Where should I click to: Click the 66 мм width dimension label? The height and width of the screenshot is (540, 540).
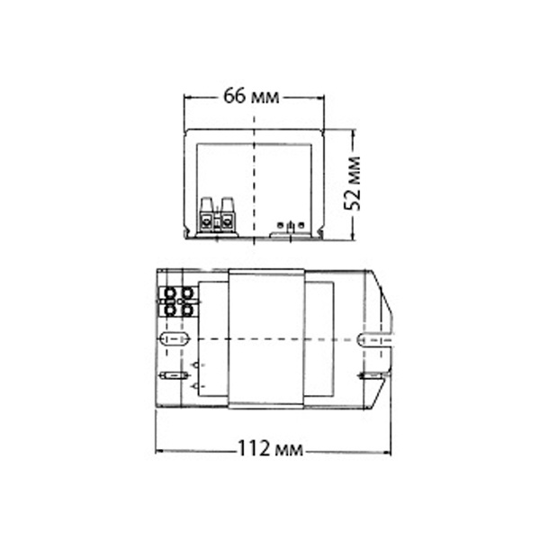click(x=251, y=96)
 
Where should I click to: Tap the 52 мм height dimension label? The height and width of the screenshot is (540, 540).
click(x=353, y=184)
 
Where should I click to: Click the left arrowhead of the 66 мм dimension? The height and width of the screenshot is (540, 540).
click(x=187, y=98)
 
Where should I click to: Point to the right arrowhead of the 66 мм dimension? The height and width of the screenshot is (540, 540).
click(x=320, y=98)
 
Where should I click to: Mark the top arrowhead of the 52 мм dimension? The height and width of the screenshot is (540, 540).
click(x=353, y=133)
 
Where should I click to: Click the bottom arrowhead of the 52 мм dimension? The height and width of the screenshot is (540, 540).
click(x=353, y=235)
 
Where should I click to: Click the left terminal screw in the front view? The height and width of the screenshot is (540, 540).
click(x=206, y=220)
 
